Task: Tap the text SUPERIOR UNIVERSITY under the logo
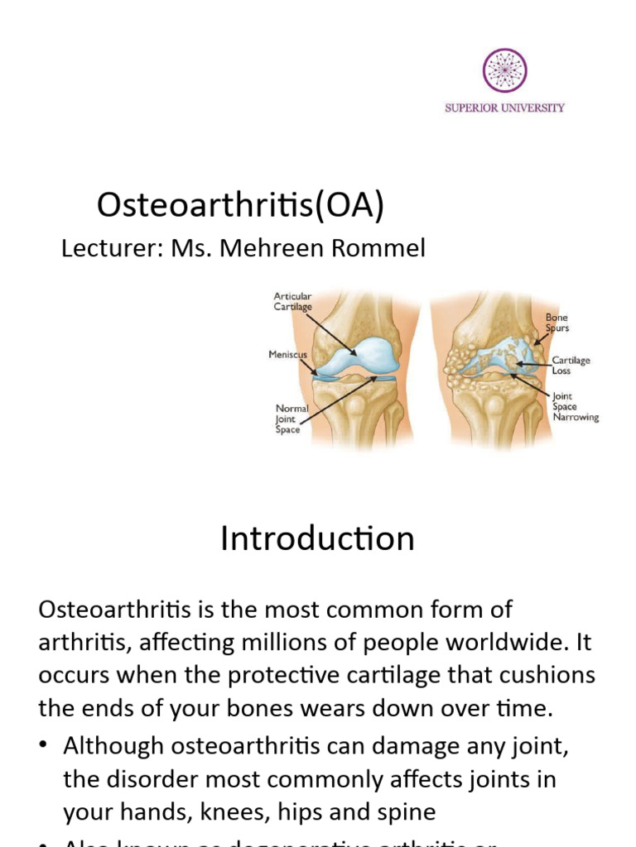[x=504, y=108]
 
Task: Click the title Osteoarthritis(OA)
[x=240, y=205]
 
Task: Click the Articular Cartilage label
[x=293, y=301]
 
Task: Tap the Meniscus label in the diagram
[x=287, y=355]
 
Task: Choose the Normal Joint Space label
[x=291, y=419]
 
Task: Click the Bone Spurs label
[x=556, y=323]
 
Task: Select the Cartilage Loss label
[x=572, y=366]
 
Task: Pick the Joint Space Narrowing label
[x=575, y=406]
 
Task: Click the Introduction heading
[x=317, y=539]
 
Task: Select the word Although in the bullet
[x=112, y=746]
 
